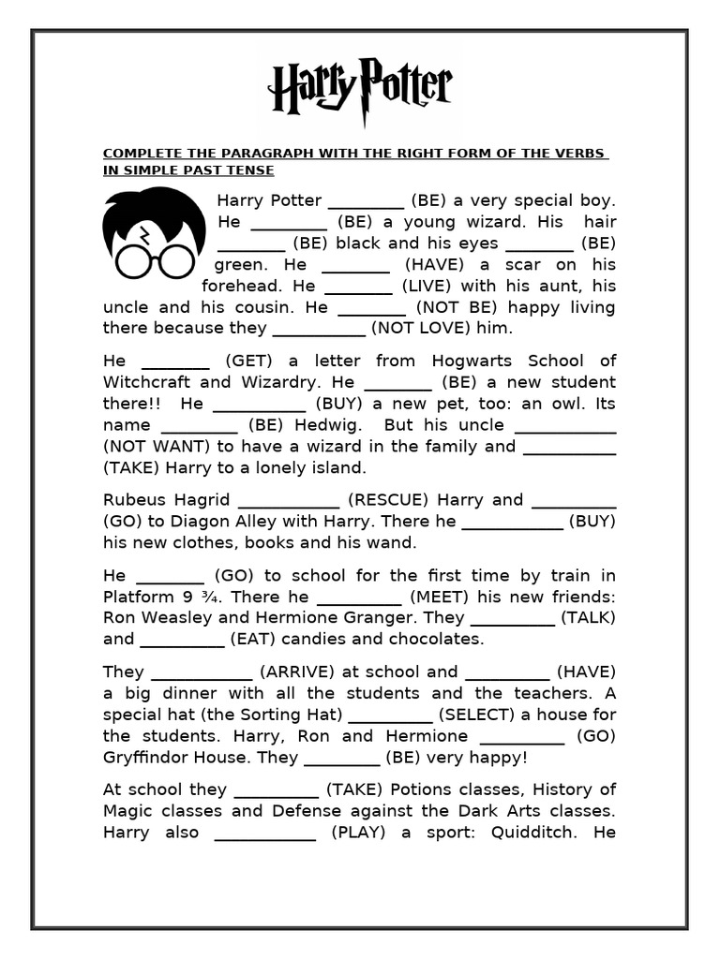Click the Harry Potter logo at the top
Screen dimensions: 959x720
coord(360,89)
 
